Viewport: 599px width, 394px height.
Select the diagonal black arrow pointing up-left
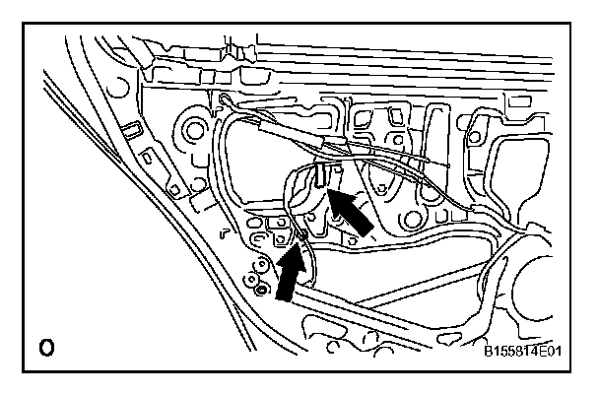pyautogui.click(x=352, y=213)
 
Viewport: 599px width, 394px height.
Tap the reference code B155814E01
pyautogui.click(x=528, y=350)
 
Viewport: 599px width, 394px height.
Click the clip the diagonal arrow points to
pyautogui.click(x=323, y=177)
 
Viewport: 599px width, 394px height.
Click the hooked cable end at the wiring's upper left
pyautogui.click(x=227, y=98)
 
